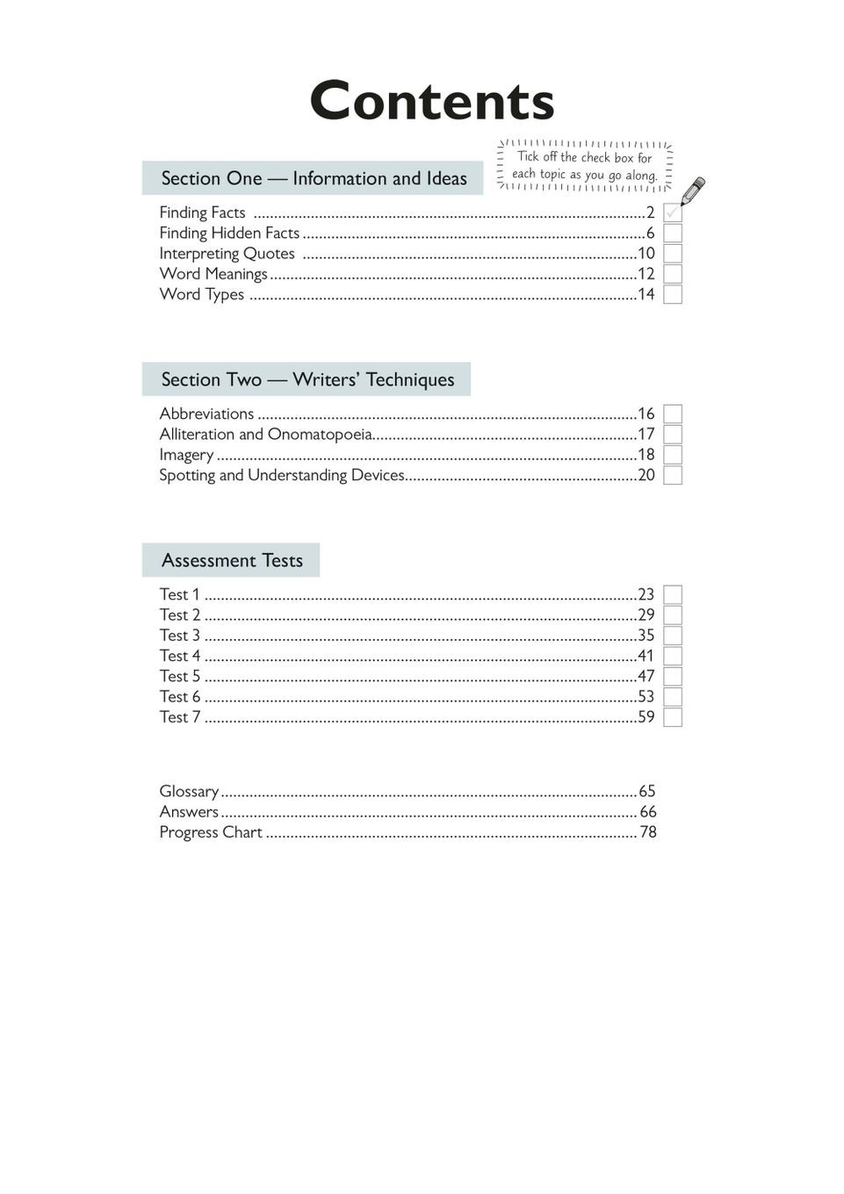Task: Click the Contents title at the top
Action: click(431, 101)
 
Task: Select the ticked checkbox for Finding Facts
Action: click(673, 212)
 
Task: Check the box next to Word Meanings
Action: click(673, 274)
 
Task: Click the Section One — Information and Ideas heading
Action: click(314, 178)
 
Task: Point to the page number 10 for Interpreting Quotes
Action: click(646, 254)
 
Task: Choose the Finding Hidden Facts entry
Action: click(229, 233)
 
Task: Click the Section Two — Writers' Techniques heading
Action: click(307, 379)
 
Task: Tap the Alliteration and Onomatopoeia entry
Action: click(265, 435)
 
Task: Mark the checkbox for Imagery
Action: click(673, 455)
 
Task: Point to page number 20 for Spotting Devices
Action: click(646, 475)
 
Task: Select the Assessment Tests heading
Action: click(232, 560)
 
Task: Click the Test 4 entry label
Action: click(180, 656)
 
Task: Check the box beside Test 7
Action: click(673, 717)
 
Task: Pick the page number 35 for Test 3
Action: click(646, 636)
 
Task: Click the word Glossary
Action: click(189, 791)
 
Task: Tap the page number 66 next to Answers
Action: click(647, 812)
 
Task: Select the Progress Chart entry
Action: click(211, 832)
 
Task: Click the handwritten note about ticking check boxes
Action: click(585, 165)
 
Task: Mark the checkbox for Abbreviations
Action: click(673, 414)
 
